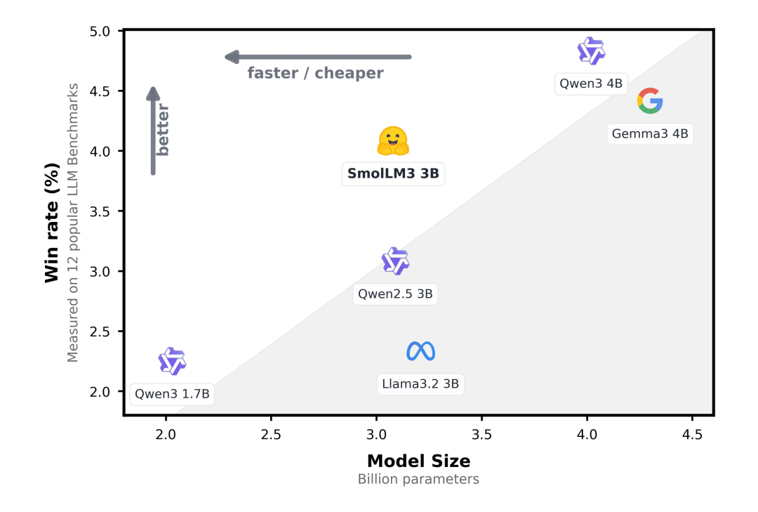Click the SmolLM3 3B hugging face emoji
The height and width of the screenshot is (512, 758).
pyautogui.click(x=393, y=141)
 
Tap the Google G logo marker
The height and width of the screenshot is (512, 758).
pyautogui.click(x=650, y=100)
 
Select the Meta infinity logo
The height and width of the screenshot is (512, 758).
pyautogui.click(x=420, y=351)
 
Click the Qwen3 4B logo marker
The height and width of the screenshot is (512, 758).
pyautogui.click(x=591, y=51)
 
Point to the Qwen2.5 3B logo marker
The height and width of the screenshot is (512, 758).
pyautogui.click(x=395, y=261)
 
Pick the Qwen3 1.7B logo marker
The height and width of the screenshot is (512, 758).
pyautogui.click(x=172, y=361)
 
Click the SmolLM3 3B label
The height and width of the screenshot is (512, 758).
pyautogui.click(x=393, y=173)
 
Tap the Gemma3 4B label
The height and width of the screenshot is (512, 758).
pyautogui.click(x=650, y=133)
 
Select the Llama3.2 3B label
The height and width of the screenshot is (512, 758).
pyautogui.click(x=420, y=383)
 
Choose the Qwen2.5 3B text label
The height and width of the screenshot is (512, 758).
pyautogui.click(x=395, y=294)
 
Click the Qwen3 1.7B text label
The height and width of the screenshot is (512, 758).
pyautogui.click(x=172, y=394)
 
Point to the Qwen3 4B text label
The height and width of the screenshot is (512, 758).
pyautogui.click(x=591, y=84)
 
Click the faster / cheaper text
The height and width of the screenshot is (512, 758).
pyautogui.click(x=315, y=73)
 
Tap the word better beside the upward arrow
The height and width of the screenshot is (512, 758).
pyautogui.click(x=163, y=130)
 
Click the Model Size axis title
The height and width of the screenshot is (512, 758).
pyautogui.click(x=418, y=461)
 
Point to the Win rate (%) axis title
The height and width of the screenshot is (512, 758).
pyautogui.click(x=52, y=223)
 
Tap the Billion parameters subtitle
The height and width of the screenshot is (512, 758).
pyautogui.click(x=418, y=479)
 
